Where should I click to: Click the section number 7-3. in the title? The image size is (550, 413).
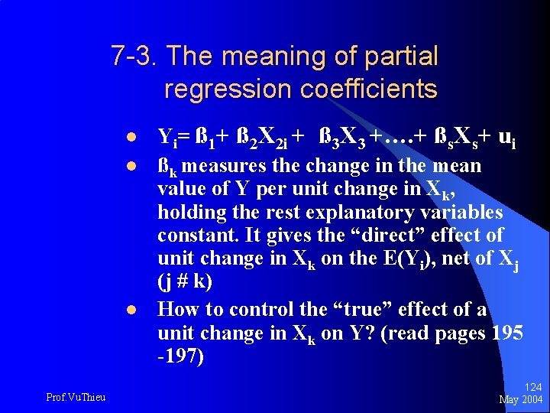point(134,56)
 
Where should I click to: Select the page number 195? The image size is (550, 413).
point(507,333)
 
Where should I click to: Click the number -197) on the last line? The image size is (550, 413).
point(180,356)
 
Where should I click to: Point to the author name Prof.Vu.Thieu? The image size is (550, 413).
point(76,395)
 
